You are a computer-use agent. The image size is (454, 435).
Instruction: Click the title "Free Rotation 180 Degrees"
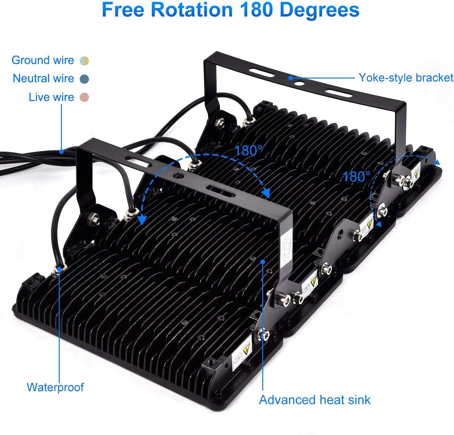(x=230, y=10)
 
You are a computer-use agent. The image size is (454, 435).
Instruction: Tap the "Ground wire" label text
(x=43, y=60)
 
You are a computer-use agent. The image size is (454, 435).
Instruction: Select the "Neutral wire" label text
(x=43, y=79)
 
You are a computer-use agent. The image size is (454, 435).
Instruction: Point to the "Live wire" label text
(x=51, y=97)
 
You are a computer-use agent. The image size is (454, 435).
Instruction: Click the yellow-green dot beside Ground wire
(x=84, y=61)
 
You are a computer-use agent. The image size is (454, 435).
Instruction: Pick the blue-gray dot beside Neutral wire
(x=84, y=79)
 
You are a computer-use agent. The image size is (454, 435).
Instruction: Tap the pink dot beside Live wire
(x=84, y=98)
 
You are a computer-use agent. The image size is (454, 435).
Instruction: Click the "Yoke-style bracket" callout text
(x=406, y=78)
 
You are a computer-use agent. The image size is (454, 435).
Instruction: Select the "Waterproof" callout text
(x=55, y=387)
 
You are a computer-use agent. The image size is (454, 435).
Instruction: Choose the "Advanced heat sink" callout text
(x=315, y=400)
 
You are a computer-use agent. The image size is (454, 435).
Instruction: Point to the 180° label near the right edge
(x=356, y=176)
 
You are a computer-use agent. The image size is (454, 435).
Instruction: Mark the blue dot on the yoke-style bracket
(x=291, y=78)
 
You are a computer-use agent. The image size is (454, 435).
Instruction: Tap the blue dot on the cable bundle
(x=62, y=151)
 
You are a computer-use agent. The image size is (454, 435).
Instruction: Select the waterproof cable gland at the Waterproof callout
(x=58, y=269)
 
